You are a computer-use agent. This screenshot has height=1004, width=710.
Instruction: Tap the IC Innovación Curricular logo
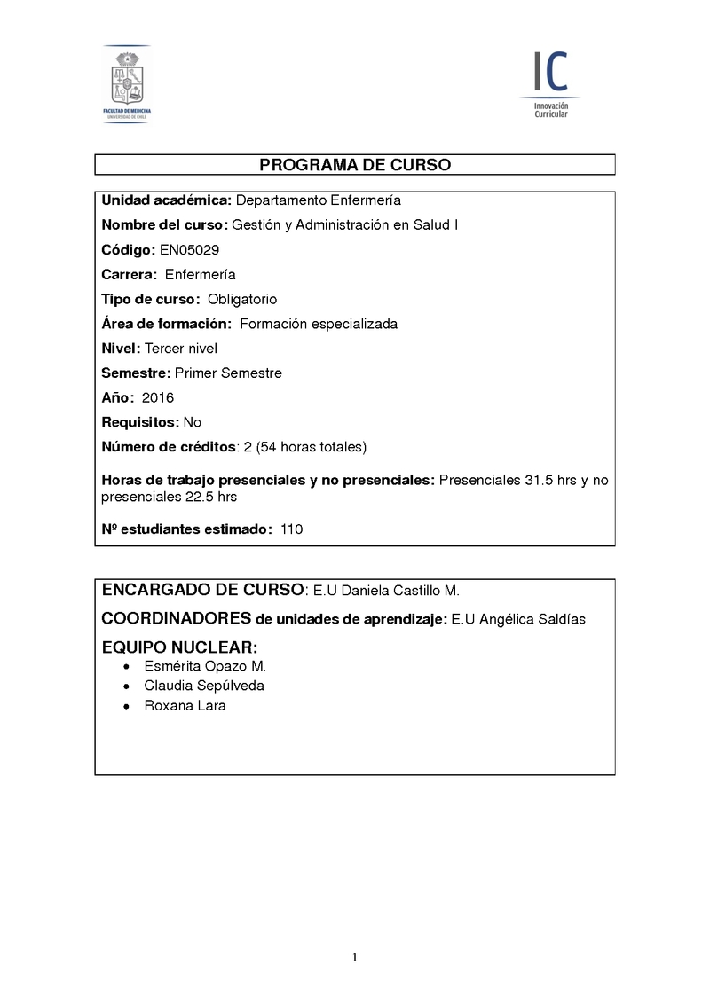coord(550,84)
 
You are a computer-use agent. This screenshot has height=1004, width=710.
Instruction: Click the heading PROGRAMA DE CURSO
coord(355,165)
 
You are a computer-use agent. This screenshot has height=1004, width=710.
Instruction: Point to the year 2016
coord(158,398)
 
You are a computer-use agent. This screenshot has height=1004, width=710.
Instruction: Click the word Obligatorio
coord(242,299)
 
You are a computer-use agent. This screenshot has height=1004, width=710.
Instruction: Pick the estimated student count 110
coord(291,529)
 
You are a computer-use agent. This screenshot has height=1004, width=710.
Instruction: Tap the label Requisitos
coord(140,422)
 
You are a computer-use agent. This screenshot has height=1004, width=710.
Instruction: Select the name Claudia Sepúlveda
coord(204,686)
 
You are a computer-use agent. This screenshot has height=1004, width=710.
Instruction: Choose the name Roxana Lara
coord(185,706)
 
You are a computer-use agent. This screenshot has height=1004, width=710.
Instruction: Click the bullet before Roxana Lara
coord(129,707)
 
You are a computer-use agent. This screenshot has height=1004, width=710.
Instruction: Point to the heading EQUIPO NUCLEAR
coord(179,647)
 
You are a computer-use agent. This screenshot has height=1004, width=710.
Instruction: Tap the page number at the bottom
coord(355,957)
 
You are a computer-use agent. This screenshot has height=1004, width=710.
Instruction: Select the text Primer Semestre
coord(228,373)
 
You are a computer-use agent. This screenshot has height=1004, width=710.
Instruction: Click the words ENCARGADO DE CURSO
coord(202,590)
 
